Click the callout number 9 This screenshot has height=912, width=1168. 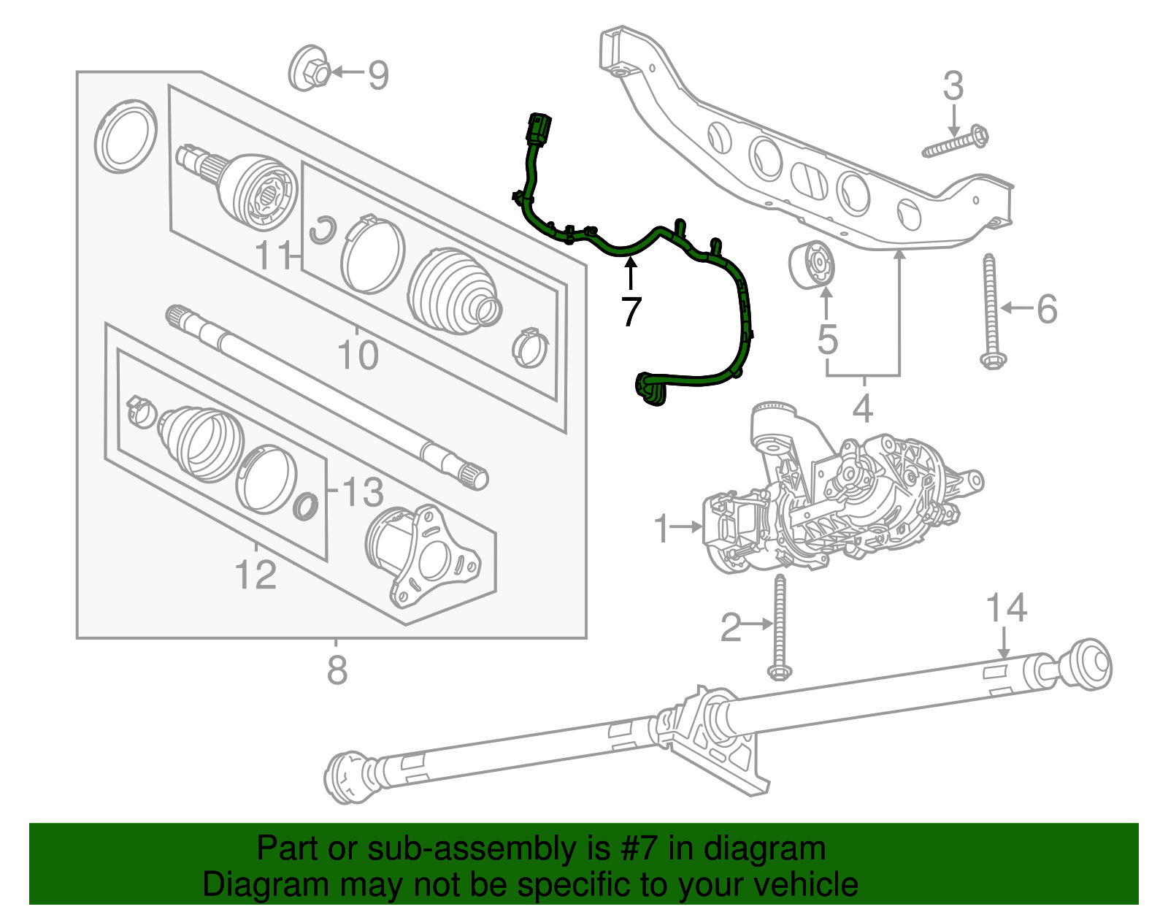[x=377, y=74]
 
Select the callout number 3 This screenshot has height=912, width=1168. [x=953, y=86]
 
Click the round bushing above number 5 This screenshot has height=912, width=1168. [x=815, y=264]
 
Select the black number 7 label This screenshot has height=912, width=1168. [x=630, y=312]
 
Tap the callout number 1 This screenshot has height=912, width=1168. [x=661, y=528]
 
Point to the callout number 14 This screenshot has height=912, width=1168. [x=1006, y=608]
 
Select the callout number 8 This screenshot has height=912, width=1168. [x=337, y=670]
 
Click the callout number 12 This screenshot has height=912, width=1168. [x=256, y=575]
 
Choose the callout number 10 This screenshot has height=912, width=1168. [x=358, y=356]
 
